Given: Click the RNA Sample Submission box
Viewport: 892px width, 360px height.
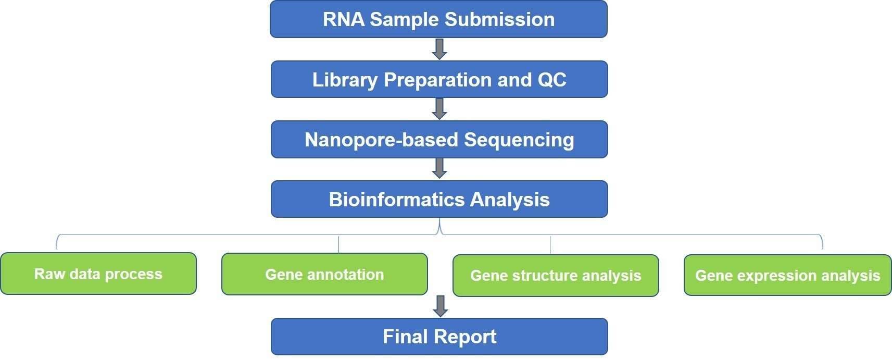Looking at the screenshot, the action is pos(438,19).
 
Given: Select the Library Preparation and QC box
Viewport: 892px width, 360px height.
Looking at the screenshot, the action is pos(439,79).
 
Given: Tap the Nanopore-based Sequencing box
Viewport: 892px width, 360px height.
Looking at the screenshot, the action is pos(439,140).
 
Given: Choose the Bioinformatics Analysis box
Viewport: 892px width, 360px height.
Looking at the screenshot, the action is pos(439,199).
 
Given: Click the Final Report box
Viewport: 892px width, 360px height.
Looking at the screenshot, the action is pos(439,337).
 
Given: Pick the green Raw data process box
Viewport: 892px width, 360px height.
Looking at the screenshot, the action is pos(98,274).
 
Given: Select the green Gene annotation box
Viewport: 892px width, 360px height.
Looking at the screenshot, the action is pos(324,274).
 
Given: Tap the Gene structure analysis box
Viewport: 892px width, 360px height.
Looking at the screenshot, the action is pos(556,276).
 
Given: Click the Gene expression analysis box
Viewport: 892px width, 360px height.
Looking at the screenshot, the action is pos(788,275).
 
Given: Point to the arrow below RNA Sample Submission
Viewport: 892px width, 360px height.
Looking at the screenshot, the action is pos(439,49).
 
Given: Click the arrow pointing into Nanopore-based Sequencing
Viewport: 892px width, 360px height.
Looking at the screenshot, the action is pos(439,109).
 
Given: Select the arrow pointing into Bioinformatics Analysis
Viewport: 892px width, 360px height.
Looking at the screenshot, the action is pos(439,168).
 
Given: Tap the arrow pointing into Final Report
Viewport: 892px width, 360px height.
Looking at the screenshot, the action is pos(440,306).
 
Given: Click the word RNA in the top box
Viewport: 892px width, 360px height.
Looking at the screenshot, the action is pos(343,19).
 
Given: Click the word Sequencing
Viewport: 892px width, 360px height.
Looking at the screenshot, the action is pos(519,140).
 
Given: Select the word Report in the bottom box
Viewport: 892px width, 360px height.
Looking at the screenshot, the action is pos(465,337).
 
